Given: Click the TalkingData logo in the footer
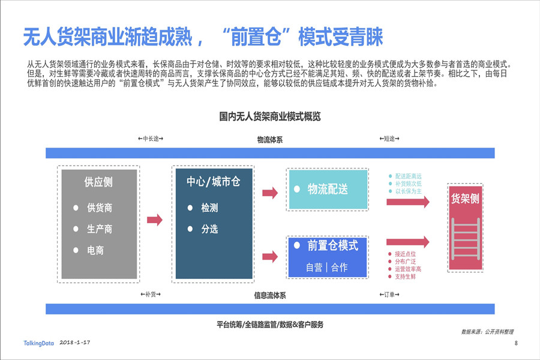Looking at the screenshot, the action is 38,343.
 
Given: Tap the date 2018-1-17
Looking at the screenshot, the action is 75,343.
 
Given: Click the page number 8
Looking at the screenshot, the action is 516,343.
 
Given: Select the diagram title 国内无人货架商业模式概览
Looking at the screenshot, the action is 269,116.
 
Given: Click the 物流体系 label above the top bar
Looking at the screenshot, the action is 269,140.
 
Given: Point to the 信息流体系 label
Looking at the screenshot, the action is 269,296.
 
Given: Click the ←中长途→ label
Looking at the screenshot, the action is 151,139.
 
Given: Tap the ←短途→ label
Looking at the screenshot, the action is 389,139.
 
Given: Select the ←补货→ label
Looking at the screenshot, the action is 151,295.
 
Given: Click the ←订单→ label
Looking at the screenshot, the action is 389,295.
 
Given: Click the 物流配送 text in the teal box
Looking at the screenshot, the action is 328,189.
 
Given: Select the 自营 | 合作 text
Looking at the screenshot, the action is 326,268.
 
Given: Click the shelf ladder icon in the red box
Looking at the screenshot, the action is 465,239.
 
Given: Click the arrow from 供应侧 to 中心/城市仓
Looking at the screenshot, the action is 155,220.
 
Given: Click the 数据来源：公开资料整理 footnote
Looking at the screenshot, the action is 487,332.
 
